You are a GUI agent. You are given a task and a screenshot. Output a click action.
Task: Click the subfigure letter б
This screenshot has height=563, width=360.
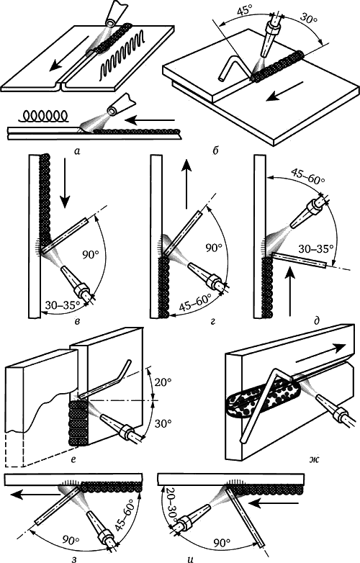(215, 151)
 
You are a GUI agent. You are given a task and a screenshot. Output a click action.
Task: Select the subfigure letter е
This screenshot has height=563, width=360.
(73, 459)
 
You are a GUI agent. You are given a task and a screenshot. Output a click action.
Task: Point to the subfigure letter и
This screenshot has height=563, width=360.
(191, 559)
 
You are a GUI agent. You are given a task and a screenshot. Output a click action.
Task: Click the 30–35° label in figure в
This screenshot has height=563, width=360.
(63, 305)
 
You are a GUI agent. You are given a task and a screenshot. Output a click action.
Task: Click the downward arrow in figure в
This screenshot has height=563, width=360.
(65, 182)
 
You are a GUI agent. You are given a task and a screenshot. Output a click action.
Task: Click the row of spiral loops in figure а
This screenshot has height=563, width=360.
(43, 116)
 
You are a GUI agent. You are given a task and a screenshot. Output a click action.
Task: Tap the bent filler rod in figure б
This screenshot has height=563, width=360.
(233, 68)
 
